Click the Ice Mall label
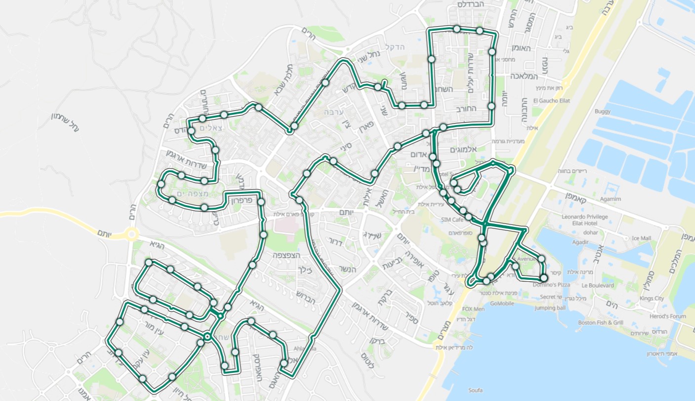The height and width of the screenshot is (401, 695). tap(642, 238)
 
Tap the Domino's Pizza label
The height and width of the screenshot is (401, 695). tap(551, 285)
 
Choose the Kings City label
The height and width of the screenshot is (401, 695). tap(652, 299)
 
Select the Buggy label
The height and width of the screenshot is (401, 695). tap(603, 112)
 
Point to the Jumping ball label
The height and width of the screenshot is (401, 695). tap(550, 308)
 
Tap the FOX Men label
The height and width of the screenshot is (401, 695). tap(473, 310)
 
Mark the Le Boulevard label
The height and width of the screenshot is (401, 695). tap(598, 286)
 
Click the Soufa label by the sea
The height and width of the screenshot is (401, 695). tap(475, 391)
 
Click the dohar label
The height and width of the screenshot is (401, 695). tap(591, 232)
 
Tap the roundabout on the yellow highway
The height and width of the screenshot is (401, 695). tap(131, 234)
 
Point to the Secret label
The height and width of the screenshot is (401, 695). tap(547, 297)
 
